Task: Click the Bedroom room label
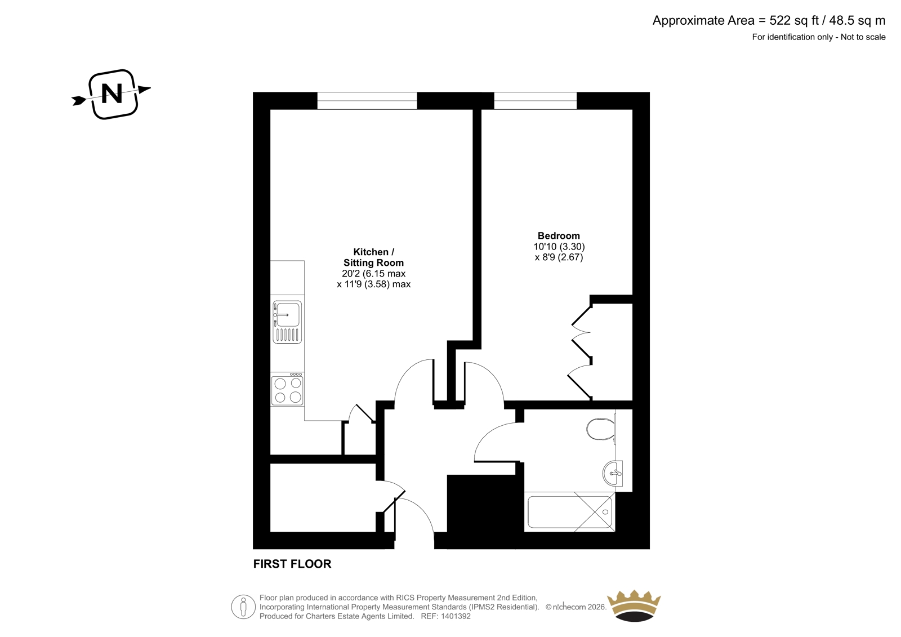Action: coord(559,236)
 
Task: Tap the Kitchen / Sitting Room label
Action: coord(374,257)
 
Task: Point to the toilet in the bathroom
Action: coord(601,429)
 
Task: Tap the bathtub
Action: coord(569,512)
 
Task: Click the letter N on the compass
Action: coord(111,94)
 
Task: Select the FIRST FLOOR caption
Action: coord(292,564)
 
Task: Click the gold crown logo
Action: coord(634,605)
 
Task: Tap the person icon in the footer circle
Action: coord(243,607)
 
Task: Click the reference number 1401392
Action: coord(456,616)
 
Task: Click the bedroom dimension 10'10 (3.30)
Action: coord(559,247)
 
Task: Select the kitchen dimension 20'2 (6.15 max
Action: coord(374,274)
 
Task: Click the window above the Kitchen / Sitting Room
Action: coord(367,101)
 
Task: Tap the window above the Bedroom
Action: coord(536,101)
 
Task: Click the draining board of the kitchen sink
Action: coord(287,335)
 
